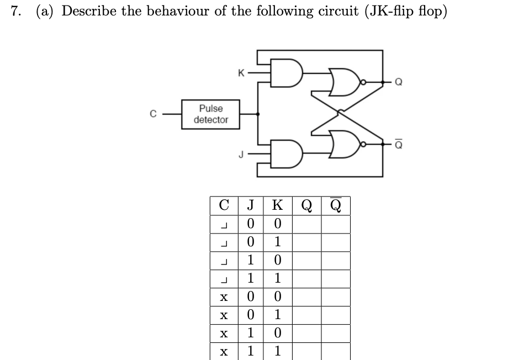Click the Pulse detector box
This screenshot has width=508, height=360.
(211, 114)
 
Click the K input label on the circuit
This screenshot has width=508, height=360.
(240, 72)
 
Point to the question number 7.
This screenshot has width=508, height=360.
(15, 12)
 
